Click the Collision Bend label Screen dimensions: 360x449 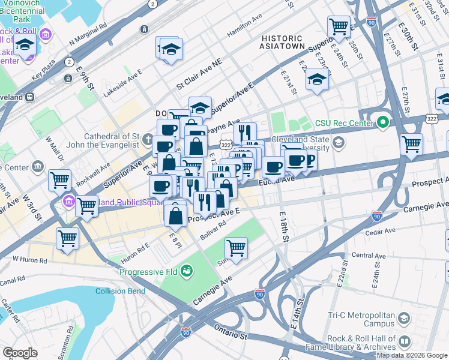(120, 291)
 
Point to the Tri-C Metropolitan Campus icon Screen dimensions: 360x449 (404, 317)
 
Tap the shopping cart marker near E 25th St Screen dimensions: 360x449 (339, 26)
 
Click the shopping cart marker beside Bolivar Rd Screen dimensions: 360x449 (236, 247)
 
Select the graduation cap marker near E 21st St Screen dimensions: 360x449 (317, 79)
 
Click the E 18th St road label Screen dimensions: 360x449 (284, 226)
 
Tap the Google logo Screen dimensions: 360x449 (20, 353)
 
